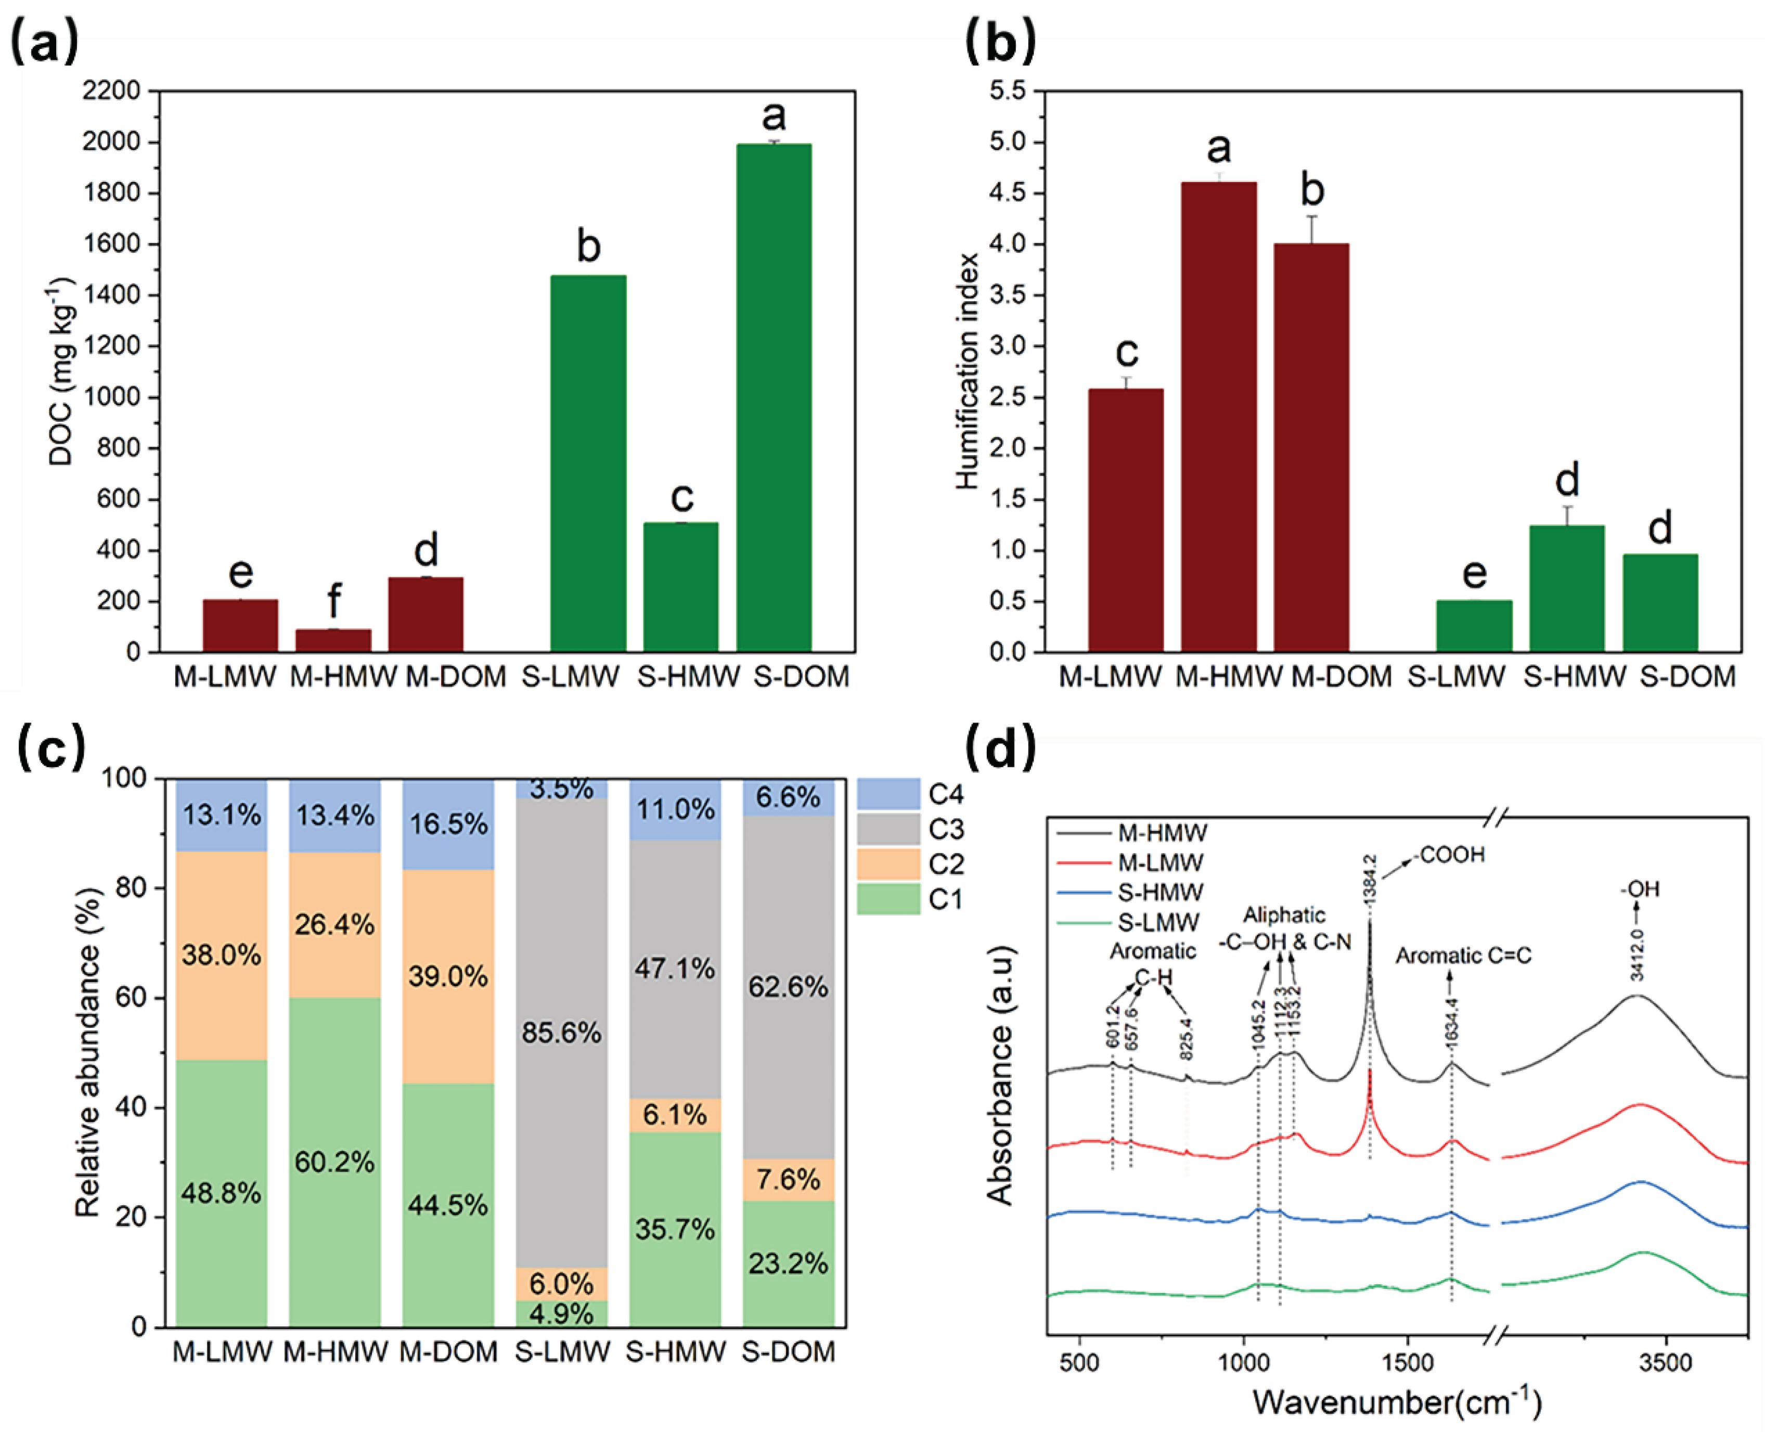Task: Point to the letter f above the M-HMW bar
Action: (x=334, y=602)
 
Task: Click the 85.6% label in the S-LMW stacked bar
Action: (x=561, y=1033)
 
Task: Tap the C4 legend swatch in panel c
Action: (x=888, y=794)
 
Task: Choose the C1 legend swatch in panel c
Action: (x=888, y=898)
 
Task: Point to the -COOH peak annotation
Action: (x=1452, y=855)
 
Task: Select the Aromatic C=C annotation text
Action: (x=1463, y=955)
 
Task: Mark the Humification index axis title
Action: (x=968, y=371)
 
